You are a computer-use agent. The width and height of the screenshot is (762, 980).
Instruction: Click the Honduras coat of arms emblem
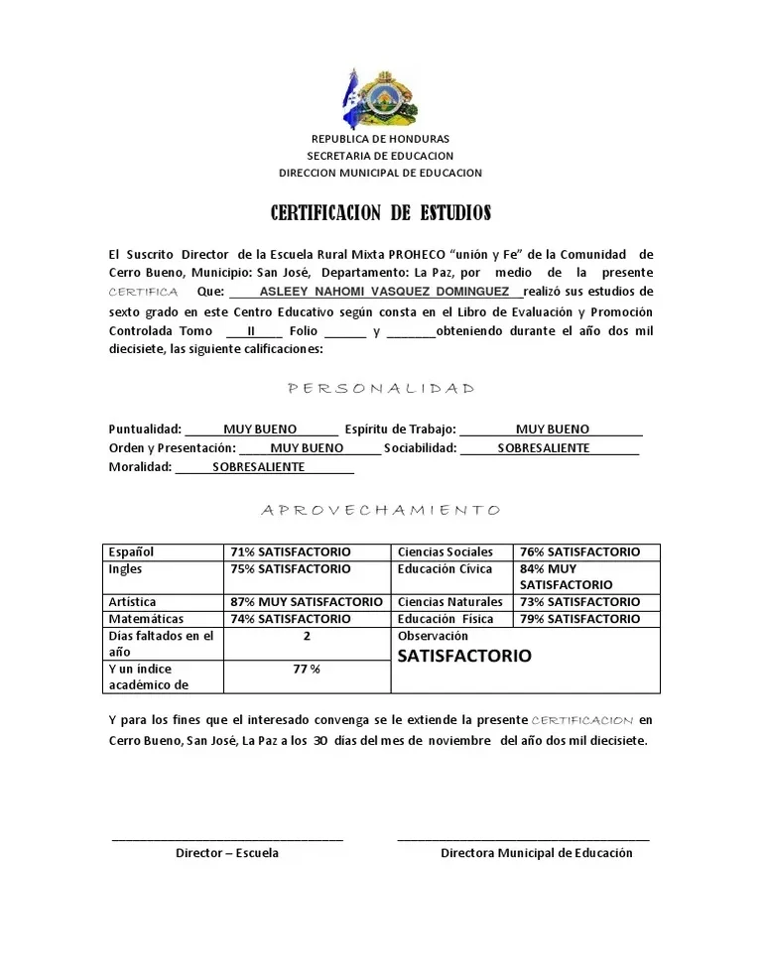coord(380,97)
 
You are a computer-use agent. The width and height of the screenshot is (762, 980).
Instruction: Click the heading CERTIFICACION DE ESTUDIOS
coord(381,213)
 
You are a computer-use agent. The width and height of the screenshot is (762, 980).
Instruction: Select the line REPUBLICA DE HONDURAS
coord(380,139)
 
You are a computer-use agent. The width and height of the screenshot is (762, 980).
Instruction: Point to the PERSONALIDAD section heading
coord(381,389)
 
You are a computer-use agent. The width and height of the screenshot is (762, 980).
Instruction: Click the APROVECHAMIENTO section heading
coord(381,510)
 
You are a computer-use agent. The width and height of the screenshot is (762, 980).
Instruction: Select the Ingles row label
coord(125,569)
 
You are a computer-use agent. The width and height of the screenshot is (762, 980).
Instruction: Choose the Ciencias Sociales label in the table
coord(444,551)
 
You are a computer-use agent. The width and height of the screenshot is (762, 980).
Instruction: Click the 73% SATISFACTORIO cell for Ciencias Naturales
coord(579,602)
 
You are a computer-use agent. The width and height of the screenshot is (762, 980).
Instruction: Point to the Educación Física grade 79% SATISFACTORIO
coord(579,619)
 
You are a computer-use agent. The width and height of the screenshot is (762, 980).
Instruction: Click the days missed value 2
coord(307,636)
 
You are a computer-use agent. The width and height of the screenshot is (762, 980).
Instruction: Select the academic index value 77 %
coord(307,669)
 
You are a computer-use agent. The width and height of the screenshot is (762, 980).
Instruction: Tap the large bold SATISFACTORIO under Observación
coord(464,656)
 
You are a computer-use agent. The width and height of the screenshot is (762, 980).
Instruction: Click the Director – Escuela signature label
coord(227,853)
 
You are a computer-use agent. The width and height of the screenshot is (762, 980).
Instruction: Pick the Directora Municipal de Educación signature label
coord(536,853)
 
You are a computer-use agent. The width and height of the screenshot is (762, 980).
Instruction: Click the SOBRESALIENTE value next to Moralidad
coord(259,467)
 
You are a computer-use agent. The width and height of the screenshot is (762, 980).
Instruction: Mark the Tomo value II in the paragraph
coord(252,331)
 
